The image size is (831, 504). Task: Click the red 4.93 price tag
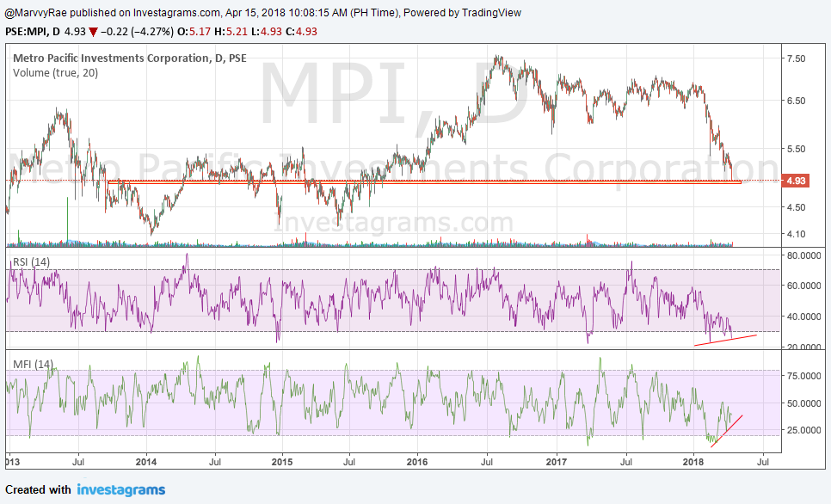click(x=795, y=181)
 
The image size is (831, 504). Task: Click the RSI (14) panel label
click(x=30, y=261)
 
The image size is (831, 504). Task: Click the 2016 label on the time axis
click(x=416, y=461)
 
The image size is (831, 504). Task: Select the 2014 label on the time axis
click(x=146, y=461)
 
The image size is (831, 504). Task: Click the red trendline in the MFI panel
click(x=726, y=430)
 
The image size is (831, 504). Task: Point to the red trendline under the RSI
click(x=725, y=340)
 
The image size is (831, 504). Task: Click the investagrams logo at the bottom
click(x=120, y=490)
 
